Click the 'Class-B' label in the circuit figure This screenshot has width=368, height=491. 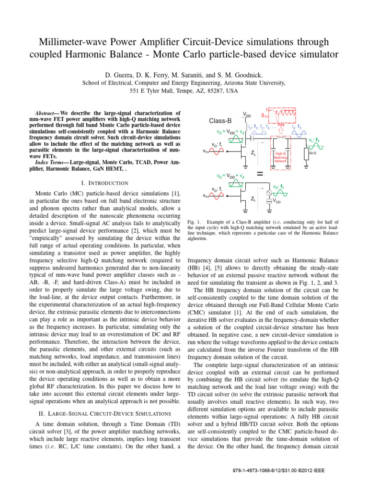[225, 120]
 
